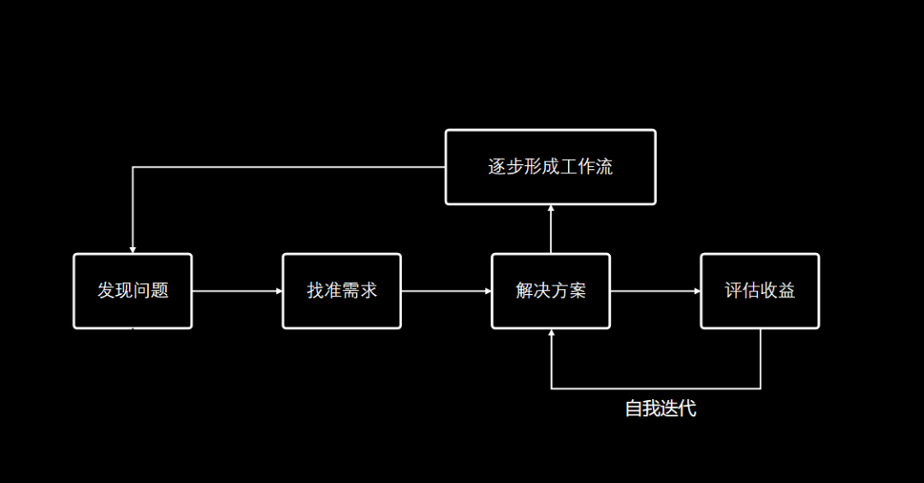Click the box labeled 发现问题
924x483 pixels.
tap(133, 291)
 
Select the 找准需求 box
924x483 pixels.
tap(341, 291)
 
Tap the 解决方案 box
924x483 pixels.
tap(550, 291)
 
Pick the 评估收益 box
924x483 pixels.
tap(760, 291)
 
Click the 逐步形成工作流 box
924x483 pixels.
tap(550, 167)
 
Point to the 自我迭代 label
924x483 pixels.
tap(660, 409)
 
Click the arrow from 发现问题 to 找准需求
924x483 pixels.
tap(237, 291)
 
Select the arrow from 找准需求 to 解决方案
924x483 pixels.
tap(446, 291)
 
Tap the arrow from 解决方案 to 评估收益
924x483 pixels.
tap(655, 291)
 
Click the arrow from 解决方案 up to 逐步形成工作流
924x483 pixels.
tap(551, 229)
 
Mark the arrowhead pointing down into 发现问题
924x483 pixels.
tap(133, 248)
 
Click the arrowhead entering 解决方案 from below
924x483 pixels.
tap(551, 334)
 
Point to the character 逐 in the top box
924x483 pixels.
tap(497, 167)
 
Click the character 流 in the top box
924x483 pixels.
tap(604, 167)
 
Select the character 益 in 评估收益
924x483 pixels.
tap(786, 291)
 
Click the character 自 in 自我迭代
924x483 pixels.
tap(633, 409)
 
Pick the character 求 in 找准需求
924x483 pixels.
tap(368, 291)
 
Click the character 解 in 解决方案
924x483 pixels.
tap(524, 291)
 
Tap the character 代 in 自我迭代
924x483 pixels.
tap(687, 409)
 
